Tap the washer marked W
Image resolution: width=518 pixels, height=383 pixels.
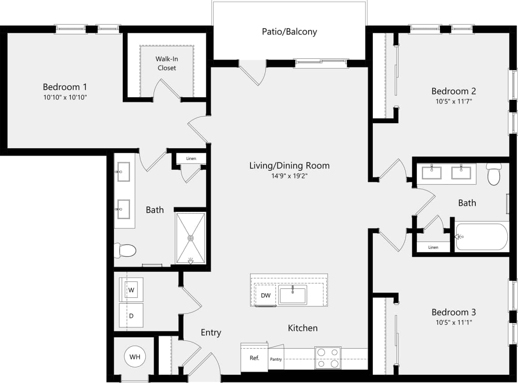coord(131,290)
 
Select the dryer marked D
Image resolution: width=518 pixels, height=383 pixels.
coord(131,315)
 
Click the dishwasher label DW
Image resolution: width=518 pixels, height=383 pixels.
coord(265,296)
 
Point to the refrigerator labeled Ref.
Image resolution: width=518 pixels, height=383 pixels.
coord(255,358)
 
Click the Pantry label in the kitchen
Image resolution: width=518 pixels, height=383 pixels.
coord(276,359)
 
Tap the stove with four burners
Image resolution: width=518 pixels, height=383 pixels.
coord(328,358)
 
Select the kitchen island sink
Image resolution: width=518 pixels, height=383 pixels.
coord(292,296)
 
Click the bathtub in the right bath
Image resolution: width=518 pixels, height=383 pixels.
coord(482,237)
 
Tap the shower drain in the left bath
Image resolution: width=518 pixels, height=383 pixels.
coord(191,238)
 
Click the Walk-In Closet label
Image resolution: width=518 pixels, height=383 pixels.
coord(166,63)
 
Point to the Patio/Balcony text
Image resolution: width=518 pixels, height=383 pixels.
coord(289,32)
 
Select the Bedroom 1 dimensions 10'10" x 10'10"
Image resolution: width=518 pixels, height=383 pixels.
coord(65,97)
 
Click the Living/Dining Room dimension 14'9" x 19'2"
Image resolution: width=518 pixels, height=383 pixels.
coord(289,176)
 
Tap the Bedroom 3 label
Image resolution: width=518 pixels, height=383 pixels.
coord(453,312)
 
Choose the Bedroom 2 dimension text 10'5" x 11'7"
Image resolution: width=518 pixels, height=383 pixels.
coord(453,101)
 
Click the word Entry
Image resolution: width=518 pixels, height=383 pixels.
coord(211,332)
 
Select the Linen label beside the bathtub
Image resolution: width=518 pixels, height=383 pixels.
coord(433,247)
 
